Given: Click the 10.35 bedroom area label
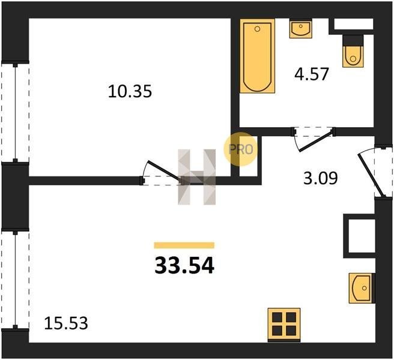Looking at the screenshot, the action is (130, 91).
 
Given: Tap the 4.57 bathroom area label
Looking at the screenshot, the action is (312, 74).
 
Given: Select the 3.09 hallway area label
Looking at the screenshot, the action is (320, 178).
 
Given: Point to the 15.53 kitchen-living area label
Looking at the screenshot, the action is (66, 323).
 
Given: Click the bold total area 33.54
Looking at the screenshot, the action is (184, 266).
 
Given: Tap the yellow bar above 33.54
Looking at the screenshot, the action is (184, 245).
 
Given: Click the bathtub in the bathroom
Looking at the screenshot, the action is (257, 56).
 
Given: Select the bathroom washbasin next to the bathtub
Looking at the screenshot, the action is (301, 29).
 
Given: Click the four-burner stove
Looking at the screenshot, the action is (284, 325).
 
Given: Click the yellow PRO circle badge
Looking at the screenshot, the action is (240, 149).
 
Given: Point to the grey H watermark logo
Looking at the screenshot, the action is (197, 177).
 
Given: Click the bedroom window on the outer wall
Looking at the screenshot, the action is (16, 112).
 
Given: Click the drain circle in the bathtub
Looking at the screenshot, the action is (257, 29).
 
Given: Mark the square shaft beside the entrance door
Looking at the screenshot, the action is (360, 236).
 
